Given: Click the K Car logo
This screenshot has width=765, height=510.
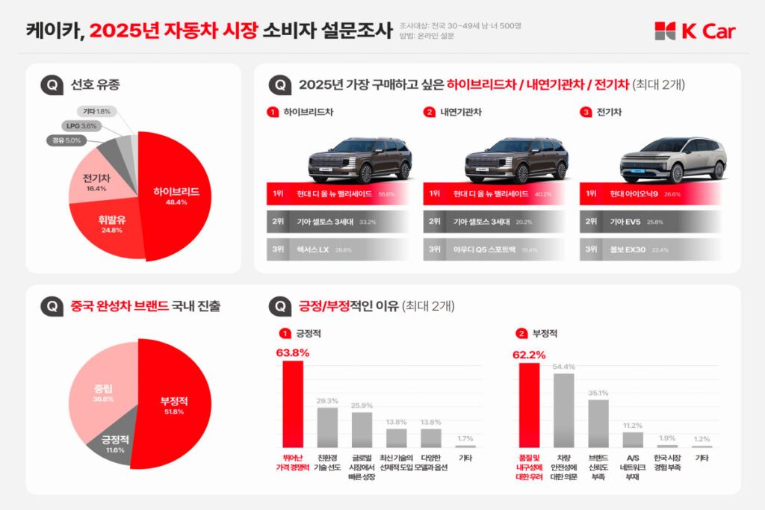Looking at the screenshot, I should (695, 31).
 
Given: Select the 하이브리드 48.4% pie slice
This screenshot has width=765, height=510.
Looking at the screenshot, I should (176, 198).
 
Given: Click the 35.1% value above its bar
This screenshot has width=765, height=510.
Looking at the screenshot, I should (598, 393).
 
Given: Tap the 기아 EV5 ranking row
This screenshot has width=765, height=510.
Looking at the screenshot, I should (650, 222).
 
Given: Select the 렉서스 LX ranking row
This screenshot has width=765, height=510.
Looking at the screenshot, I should (336, 249).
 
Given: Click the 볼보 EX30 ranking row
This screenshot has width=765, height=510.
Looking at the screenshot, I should (650, 249).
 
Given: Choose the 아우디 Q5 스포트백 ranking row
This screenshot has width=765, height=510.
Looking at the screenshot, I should (493, 249).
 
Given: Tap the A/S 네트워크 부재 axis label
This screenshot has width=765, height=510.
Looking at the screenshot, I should (632, 467).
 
